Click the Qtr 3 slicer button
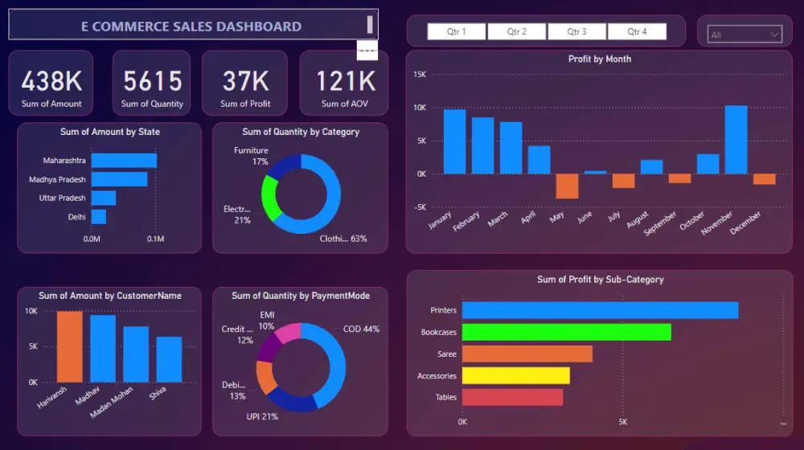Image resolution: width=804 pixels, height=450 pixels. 576,31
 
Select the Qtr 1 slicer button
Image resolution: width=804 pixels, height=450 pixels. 456,31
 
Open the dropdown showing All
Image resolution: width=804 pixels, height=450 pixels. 745,35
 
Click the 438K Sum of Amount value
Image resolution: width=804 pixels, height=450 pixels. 51,81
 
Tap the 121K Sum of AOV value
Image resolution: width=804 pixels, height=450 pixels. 345,81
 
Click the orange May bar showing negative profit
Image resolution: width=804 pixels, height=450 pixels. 567,186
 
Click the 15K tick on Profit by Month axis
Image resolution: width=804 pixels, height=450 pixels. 420,74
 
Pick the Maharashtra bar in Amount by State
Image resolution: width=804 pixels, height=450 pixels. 124,161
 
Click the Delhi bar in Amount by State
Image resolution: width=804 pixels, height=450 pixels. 99,217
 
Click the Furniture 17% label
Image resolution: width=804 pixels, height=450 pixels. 251,156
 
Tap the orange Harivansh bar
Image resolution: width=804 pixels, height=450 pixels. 69,346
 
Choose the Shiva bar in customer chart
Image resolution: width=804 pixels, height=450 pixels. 169,358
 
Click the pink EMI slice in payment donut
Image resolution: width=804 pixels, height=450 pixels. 288,330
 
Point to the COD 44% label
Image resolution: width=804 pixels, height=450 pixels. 360,329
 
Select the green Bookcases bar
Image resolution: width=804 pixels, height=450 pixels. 566,332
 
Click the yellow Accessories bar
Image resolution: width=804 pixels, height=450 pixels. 515,375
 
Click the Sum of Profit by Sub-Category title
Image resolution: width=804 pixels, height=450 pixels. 600,280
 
